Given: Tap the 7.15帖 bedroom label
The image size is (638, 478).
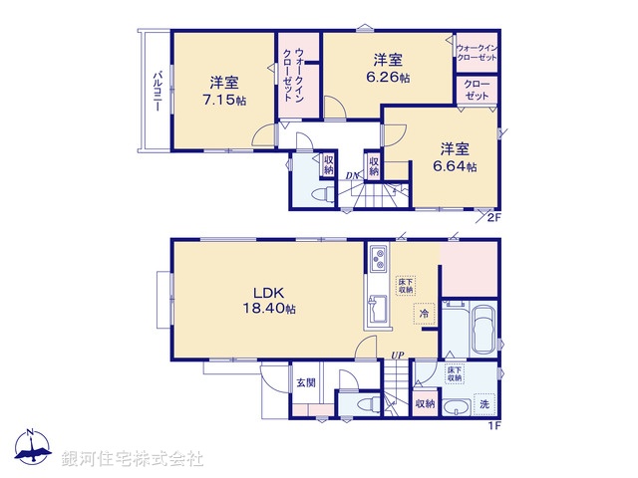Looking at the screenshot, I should pyautogui.click(x=223, y=91).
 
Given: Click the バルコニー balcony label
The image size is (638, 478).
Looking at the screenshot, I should pyautogui.click(x=158, y=92).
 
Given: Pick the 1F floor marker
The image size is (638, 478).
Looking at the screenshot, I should pyautogui.click(x=492, y=427).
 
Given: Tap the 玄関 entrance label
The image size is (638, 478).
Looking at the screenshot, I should pyautogui.click(x=304, y=382).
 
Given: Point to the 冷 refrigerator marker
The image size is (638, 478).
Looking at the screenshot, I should pyautogui.click(x=425, y=314).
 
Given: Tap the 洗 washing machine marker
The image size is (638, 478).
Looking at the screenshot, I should pyautogui.click(x=483, y=405).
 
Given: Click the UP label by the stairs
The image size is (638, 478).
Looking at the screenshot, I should pyautogui.click(x=397, y=356).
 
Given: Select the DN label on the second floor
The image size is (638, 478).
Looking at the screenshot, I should pyautogui.click(x=352, y=177).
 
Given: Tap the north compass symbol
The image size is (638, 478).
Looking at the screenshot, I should pyautogui.click(x=32, y=450).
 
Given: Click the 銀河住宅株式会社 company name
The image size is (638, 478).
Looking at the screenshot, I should pyautogui.click(x=132, y=458).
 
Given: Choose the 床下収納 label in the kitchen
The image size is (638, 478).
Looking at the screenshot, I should pyautogui.click(x=406, y=284).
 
